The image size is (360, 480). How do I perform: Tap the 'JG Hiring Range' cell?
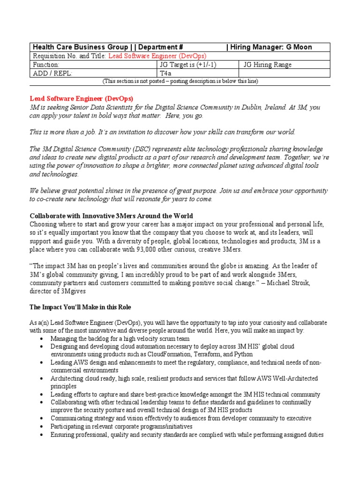[267, 65]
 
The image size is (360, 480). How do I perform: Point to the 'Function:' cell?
[45, 65]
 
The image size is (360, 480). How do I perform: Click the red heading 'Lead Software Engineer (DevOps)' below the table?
[82, 98]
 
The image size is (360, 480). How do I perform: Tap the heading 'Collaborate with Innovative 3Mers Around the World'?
[111, 216]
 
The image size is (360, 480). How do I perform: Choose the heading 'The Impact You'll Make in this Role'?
[80, 307]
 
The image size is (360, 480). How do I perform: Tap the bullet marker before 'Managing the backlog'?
[42, 338]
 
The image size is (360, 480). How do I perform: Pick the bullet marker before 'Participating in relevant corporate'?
[42, 427]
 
